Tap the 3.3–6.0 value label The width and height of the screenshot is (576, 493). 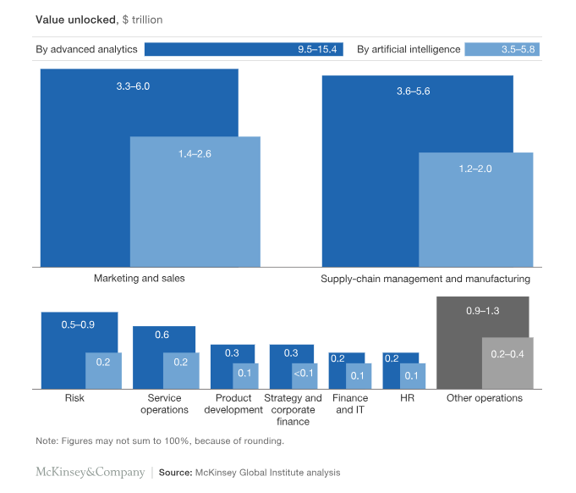[139, 86]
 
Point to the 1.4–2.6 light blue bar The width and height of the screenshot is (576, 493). [195, 203]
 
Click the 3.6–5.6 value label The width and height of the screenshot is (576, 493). [414, 91]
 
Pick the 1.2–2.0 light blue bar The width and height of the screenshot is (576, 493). [475, 212]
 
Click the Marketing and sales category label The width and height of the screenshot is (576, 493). [139, 278]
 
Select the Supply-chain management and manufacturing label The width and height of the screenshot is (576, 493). [425, 278]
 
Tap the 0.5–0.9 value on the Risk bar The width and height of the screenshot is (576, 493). [78, 324]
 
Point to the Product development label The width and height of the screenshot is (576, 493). [233, 404]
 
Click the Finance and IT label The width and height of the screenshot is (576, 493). [350, 404]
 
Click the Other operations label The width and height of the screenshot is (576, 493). [485, 398]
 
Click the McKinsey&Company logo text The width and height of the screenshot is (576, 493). [90, 472]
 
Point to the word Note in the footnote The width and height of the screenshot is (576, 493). [46, 441]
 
